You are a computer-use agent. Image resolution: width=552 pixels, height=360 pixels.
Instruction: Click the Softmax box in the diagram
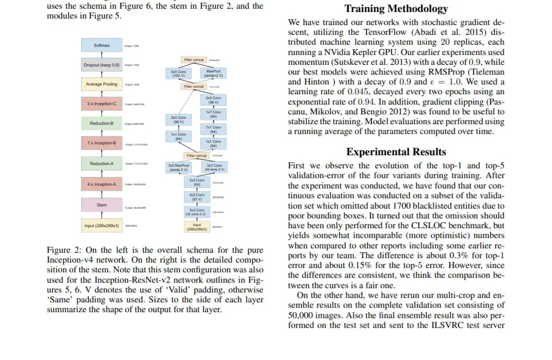(x=102, y=46)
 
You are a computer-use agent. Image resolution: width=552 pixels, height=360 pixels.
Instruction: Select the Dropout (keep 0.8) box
(x=102, y=65)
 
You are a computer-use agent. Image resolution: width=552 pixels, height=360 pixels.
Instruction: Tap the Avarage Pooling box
(x=102, y=84)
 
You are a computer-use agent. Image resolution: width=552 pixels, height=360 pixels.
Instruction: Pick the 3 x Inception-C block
(x=102, y=103)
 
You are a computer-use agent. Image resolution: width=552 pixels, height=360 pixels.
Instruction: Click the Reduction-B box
(x=102, y=124)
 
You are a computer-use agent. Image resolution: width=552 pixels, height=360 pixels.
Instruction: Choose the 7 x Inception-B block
(x=102, y=143)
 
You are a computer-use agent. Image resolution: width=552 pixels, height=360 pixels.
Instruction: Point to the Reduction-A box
(x=102, y=163)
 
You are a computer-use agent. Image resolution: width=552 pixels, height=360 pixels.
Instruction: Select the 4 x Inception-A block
(x=102, y=184)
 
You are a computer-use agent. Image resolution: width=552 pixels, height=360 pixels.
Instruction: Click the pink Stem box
(x=102, y=205)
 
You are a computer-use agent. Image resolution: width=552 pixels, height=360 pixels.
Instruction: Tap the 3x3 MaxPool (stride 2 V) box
(x=179, y=167)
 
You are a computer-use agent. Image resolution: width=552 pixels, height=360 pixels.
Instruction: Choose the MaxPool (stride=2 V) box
(x=213, y=74)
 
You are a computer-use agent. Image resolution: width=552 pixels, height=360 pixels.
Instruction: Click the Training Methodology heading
(x=396, y=9)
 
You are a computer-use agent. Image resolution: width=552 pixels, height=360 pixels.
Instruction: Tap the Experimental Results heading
(x=396, y=152)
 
